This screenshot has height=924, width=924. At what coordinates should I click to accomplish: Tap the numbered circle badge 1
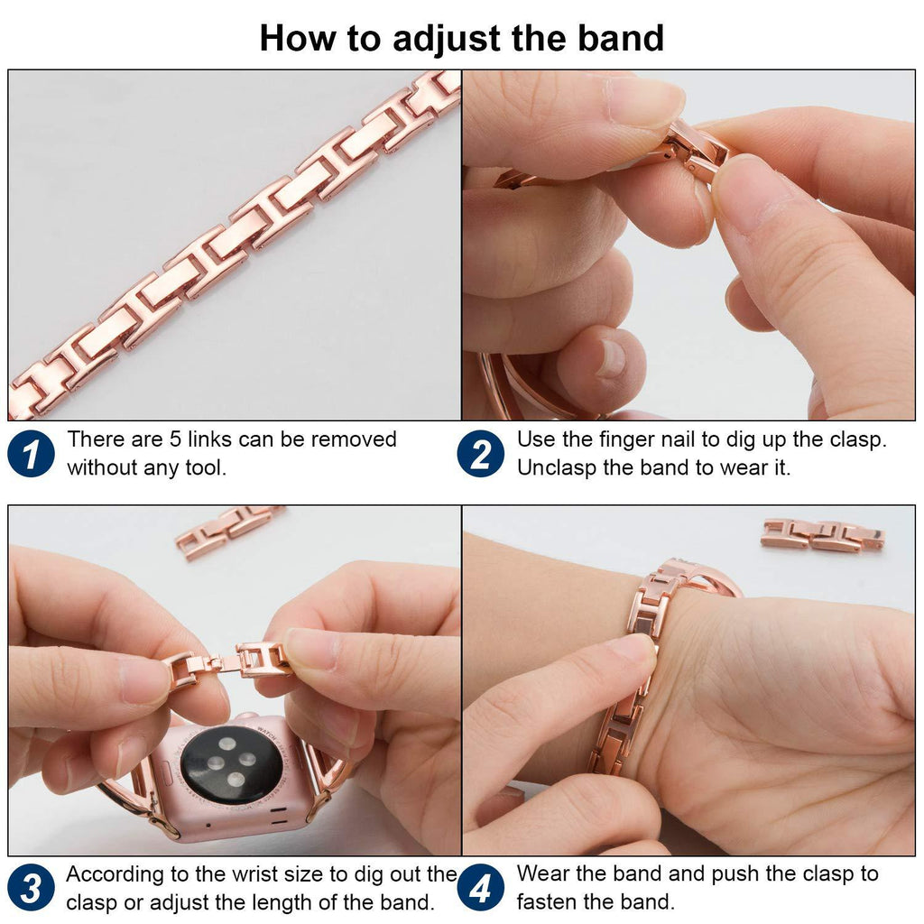click(x=32, y=454)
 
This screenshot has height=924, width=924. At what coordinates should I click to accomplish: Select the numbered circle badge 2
click(x=481, y=454)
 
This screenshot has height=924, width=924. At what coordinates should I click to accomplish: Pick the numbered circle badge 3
click(x=32, y=888)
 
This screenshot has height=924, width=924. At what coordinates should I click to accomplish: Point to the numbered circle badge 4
click(x=481, y=888)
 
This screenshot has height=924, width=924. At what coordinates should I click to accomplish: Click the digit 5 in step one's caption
click(x=176, y=439)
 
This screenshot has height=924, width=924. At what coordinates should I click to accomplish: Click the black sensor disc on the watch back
click(x=232, y=764)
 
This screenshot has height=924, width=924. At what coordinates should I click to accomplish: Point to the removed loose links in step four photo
click(x=823, y=534)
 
